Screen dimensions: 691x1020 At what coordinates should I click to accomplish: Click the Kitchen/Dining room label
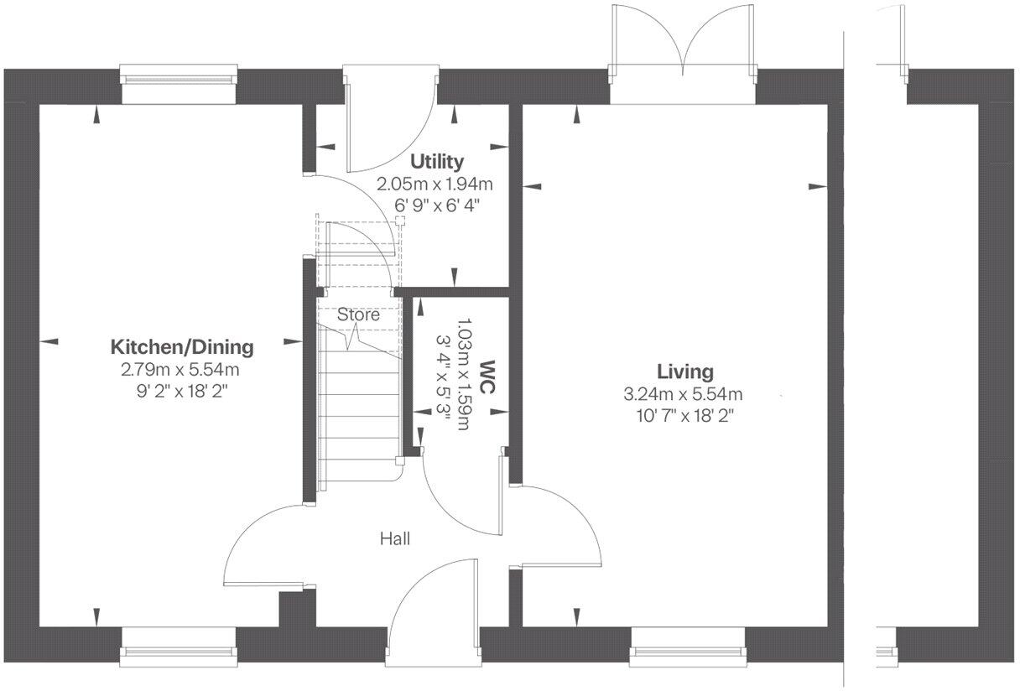[183, 347]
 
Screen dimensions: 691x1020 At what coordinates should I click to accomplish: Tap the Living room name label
[684, 371]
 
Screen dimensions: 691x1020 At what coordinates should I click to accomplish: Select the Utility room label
[435, 162]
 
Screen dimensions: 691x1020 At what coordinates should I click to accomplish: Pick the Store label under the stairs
[358, 315]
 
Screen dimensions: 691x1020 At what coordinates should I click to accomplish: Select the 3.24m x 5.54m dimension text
[684, 393]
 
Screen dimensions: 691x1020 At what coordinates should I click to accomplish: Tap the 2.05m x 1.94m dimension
[435, 184]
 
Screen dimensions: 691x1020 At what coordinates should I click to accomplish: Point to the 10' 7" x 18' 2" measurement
[684, 415]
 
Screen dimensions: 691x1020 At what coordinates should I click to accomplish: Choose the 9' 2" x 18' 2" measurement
[183, 390]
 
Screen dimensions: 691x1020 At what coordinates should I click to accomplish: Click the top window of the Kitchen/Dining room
[178, 81]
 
